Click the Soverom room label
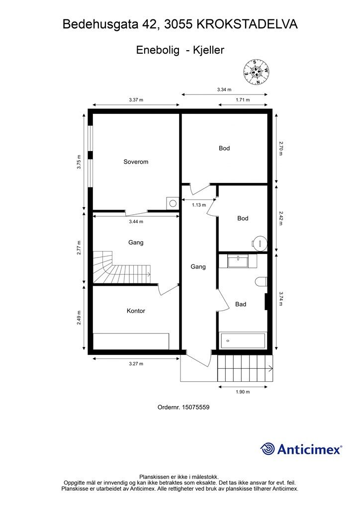[x=136, y=162]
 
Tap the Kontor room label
[x=136, y=311]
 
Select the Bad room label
[x=241, y=304]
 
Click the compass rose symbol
[x=257, y=72]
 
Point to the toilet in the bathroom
[x=262, y=282]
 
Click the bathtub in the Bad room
[x=243, y=340]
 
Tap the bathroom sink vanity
[x=238, y=261]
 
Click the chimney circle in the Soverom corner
[x=173, y=203]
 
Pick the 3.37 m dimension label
[x=136, y=99]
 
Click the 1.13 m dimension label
[x=199, y=205]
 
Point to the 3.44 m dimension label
[x=136, y=222]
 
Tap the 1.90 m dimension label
[x=243, y=392]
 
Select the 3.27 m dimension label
[x=136, y=363]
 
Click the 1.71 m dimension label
[x=243, y=99]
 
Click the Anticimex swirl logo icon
[x=267, y=449]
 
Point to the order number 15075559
[x=196, y=407]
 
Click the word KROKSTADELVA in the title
[x=247, y=24]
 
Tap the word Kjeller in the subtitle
[x=208, y=50]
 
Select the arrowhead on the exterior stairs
[x=270, y=368]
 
